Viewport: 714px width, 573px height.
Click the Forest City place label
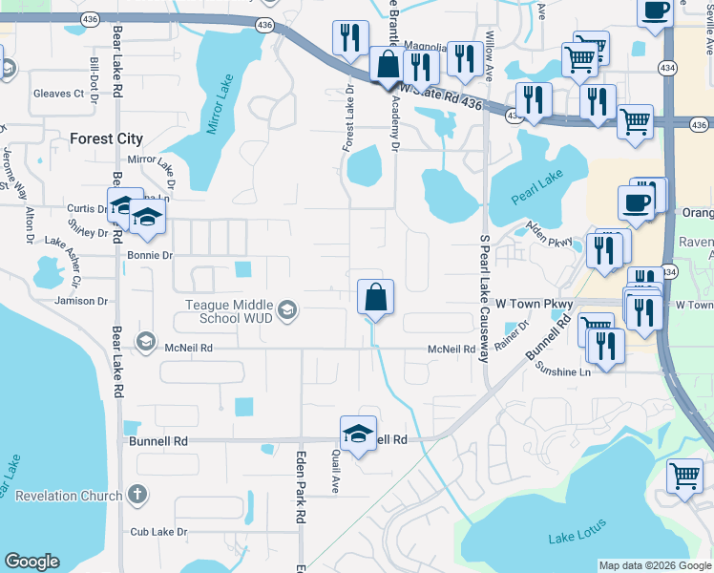tap(106, 138)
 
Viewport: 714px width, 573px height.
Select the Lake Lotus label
tap(575, 537)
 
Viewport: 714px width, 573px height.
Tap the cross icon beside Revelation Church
tap(137, 495)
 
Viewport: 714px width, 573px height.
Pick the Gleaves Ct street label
tap(59, 94)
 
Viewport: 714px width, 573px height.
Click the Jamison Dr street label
tap(82, 301)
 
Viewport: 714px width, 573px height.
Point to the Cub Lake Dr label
tap(158, 532)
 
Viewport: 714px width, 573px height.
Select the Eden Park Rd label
tap(300, 487)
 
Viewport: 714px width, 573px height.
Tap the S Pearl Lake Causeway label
tap(485, 298)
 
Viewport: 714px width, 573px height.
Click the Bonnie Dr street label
tap(149, 256)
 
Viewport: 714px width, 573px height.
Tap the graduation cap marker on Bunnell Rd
tap(359, 433)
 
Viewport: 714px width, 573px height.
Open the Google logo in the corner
tap(31, 562)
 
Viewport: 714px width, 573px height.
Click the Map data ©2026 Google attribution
tap(654, 565)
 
